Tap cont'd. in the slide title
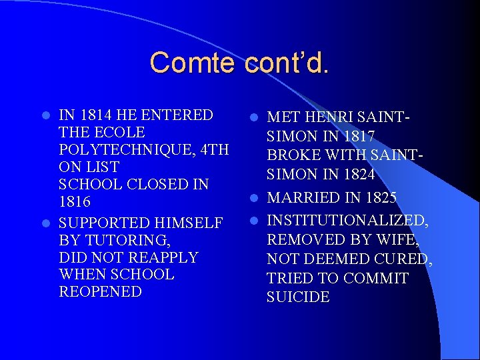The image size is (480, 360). (x=287, y=63)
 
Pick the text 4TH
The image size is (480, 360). (x=211, y=149)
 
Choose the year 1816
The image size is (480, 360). (x=75, y=201)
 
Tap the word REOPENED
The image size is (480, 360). (x=101, y=292)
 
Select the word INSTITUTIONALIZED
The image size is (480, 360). (x=347, y=221)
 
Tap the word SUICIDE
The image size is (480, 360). (x=298, y=297)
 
